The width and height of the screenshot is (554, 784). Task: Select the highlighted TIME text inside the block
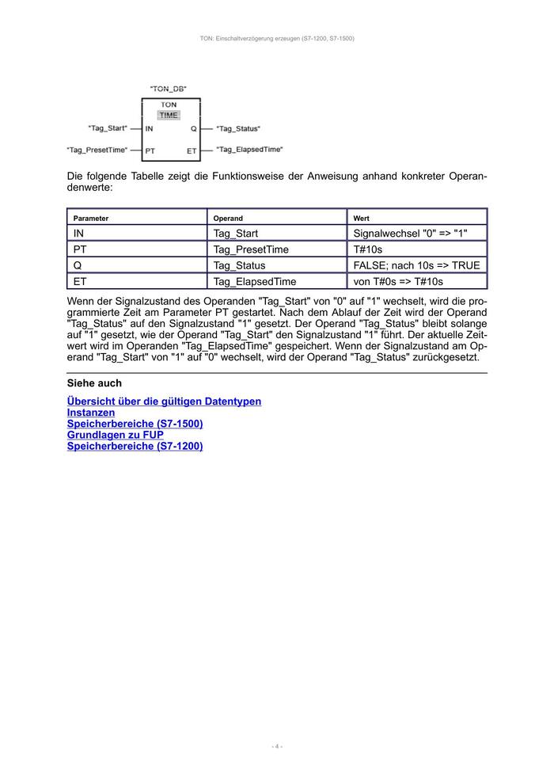pyautogui.click(x=169, y=115)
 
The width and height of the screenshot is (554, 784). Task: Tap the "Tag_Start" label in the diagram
pyautogui.click(x=108, y=128)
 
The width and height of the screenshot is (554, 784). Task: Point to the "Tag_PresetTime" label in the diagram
pyautogui.click(x=97, y=150)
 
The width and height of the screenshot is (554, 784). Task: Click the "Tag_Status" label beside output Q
pyautogui.click(x=238, y=128)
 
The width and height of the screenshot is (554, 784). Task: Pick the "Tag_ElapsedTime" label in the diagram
pyautogui.click(x=249, y=150)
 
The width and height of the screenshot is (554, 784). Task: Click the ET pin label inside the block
pyautogui.click(x=192, y=150)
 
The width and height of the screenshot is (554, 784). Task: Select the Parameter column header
pyautogui.click(x=91, y=218)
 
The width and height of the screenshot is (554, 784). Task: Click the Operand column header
pyautogui.click(x=228, y=218)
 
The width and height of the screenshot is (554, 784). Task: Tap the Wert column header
pyautogui.click(x=361, y=218)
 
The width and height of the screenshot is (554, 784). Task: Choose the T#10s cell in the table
pyautogui.click(x=368, y=249)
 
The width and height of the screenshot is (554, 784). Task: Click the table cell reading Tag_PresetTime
pyautogui.click(x=251, y=249)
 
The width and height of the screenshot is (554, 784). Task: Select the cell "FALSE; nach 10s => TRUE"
pyautogui.click(x=416, y=265)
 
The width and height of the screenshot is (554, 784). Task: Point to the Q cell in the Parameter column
pyautogui.click(x=78, y=265)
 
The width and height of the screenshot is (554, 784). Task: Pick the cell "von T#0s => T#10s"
pyautogui.click(x=398, y=281)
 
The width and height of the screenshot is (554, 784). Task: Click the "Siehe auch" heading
pyautogui.click(x=94, y=383)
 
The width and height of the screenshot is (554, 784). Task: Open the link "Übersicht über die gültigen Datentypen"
pyautogui.click(x=164, y=402)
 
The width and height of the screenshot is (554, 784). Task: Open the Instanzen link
pyautogui.click(x=91, y=413)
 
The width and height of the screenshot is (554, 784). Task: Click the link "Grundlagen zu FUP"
pyautogui.click(x=116, y=435)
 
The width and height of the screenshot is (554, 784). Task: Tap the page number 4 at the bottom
pyautogui.click(x=277, y=746)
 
